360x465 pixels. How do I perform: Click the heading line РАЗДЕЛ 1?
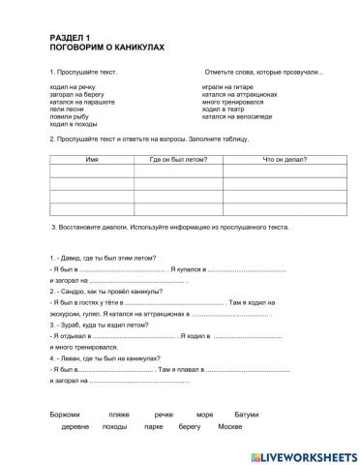[x=67, y=37]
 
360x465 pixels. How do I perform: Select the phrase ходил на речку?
[x=69, y=87]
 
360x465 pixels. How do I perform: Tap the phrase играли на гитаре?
[x=226, y=87]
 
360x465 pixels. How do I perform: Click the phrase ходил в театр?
[x=224, y=108]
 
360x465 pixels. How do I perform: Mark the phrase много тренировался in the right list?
[x=233, y=102]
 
